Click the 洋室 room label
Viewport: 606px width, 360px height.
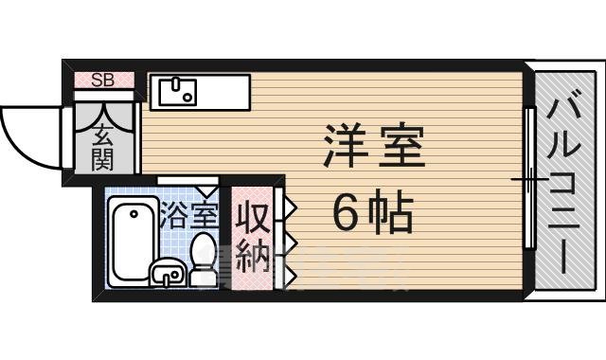373,150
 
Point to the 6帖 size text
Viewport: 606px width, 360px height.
373,216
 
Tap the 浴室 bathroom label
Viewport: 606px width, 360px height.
188,216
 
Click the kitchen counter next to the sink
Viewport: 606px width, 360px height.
223,92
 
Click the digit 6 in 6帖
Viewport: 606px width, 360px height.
347,217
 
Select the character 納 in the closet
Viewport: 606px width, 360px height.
252,259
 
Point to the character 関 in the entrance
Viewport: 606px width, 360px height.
102,158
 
